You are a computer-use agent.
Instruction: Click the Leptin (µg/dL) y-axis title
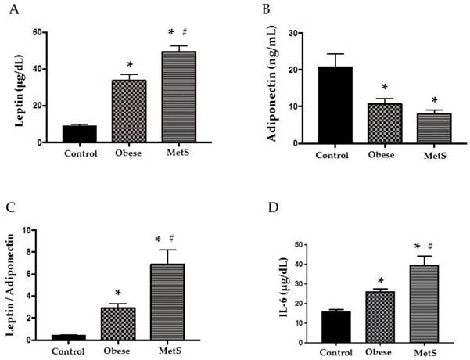click(x=17, y=88)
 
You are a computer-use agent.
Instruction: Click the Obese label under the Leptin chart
click(x=130, y=153)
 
